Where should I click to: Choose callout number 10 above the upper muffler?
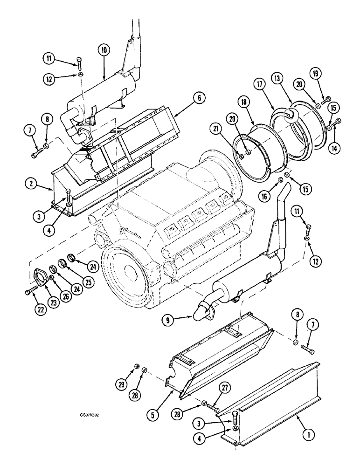coord(104,51)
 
